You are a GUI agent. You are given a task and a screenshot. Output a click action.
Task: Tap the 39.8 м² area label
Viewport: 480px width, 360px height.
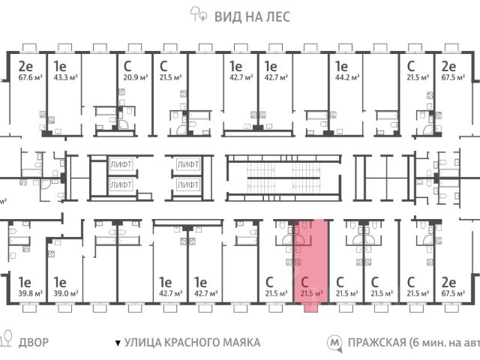click(x=29, y=294)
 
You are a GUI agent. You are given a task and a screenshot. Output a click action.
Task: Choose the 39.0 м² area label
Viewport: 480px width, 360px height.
click(x=64, y=294)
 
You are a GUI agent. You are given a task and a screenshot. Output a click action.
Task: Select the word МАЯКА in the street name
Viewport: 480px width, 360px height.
click(x=238, y=342)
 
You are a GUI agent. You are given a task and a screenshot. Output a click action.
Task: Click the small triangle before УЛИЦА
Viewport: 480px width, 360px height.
click(x=117, y=343)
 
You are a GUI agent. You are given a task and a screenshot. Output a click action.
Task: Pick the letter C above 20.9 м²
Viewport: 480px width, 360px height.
click(x=128, y=65)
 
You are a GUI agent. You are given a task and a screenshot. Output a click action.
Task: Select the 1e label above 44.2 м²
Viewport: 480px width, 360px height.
click(x=341, y=65)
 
